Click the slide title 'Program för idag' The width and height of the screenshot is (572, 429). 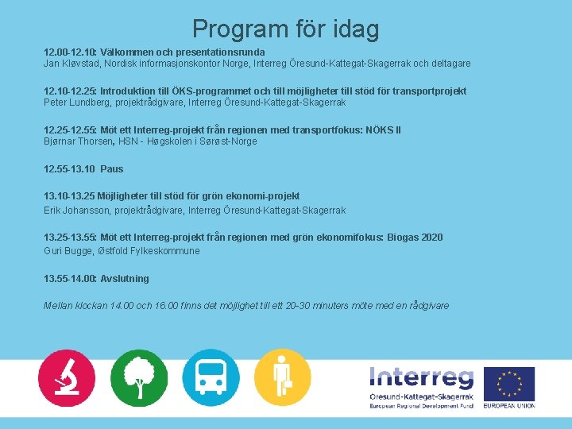click(x=285, y=29)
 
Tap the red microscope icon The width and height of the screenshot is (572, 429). click(x=66, y=377)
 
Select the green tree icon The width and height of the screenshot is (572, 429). click(x=138, y=377)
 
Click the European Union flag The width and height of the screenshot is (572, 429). click(x=509, y=384)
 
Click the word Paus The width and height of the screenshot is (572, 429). click(x=112, y=169)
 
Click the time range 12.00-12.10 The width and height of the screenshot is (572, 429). click(x=69, y=51)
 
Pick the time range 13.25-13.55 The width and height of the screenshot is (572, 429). click(x=70, y=238)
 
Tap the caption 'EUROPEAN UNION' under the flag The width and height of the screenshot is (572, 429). click(x=509, y=406)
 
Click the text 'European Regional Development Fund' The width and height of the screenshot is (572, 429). click(x=421, y=406)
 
